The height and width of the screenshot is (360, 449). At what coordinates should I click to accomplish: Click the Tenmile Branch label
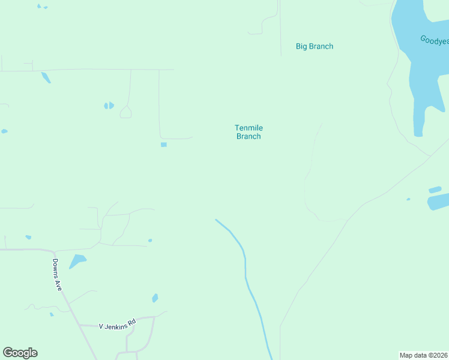click(249, 132)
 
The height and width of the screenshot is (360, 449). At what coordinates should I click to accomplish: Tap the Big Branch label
click(315, 46)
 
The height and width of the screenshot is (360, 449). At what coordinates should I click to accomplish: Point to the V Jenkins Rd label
click(118, 326)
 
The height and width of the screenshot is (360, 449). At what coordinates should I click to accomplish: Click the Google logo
click(20, 353)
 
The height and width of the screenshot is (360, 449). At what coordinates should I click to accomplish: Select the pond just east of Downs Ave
click(77, 262)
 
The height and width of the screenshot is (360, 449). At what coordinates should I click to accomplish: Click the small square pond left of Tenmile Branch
click(163, 145)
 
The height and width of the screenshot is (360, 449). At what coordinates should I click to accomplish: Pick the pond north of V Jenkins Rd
click(155, 298)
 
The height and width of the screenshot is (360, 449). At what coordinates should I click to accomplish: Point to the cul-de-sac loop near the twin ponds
click(126, 112)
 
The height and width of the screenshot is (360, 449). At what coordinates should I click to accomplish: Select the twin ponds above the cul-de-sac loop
click(109, 106)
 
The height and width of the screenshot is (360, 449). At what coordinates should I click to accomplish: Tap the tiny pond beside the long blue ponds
click(408, 199)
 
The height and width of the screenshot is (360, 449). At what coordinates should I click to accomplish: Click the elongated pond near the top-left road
click(46, 77)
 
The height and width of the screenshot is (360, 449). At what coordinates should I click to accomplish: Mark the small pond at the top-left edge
click(41, 7)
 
